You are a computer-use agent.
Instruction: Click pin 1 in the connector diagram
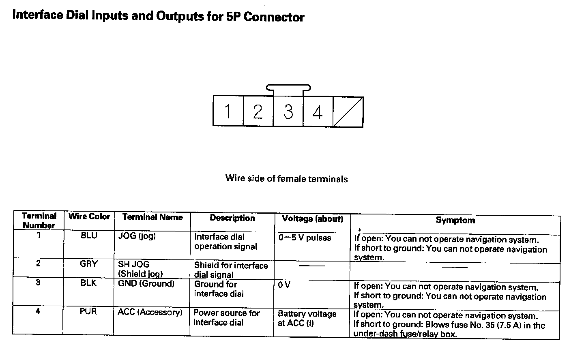click(x=228, y=111)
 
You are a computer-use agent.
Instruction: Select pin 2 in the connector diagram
click(x=258, y=111)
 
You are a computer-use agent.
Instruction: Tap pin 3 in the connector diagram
click(x=288, y=111)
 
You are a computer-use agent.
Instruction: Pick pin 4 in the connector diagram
click(x=318, y=111)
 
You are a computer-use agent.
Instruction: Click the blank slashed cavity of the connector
click(x=348, y=111)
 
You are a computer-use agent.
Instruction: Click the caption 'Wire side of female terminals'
click(x=286, y=179)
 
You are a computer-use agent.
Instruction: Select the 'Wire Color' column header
click(x=89, y=216)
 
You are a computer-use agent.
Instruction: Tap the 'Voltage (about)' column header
click(x=312, y=219)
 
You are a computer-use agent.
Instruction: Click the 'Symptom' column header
click(x=455, y=220)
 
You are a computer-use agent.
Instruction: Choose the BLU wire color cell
click(x=89, y=236)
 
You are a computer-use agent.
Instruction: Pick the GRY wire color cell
click(x=89, y=264)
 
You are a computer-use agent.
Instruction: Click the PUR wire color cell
click(x=88, y=312)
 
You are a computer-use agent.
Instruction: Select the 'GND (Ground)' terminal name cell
click(x=146, y=284)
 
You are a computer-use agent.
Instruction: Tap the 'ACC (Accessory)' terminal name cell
click(x=150, y=312)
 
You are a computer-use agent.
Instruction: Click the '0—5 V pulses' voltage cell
click(x=305, y=238)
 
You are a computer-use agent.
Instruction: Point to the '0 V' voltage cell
click(x=284, y=285)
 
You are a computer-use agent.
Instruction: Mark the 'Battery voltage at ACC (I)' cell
click(x=307, y=319)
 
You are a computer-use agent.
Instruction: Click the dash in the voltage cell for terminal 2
click(x=312, y=266)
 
